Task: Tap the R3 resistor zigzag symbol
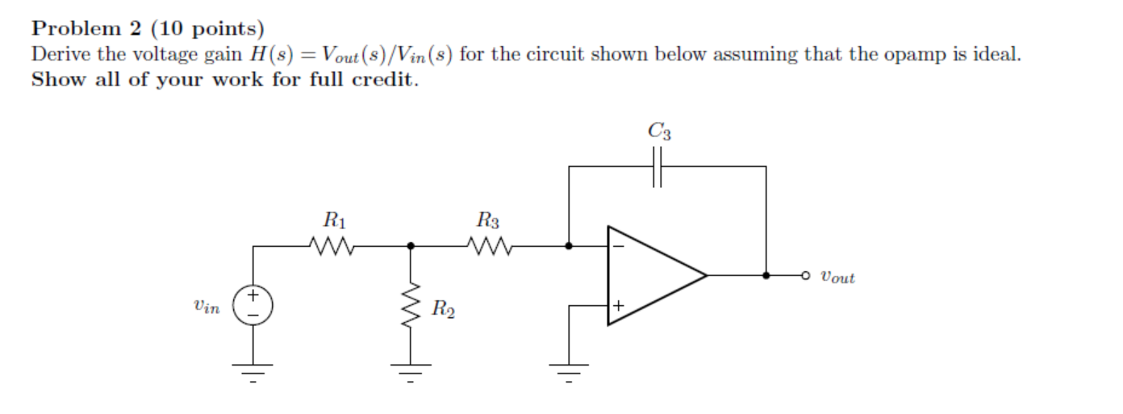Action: tap(489, 245)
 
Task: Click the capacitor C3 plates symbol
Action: tap(658, 166)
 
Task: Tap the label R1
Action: tap(332, 219)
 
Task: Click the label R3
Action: tap(488, 219)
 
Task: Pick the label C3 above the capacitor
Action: tap(658, 131)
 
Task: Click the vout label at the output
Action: tap(837, 277)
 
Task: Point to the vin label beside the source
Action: tap(206, 307)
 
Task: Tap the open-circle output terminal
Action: tap(804, 275)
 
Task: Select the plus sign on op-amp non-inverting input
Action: tap(619, 306)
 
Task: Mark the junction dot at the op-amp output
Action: tap(766, 275)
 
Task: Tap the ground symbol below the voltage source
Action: tap(253, 372)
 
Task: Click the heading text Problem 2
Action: tap(88, 29)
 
